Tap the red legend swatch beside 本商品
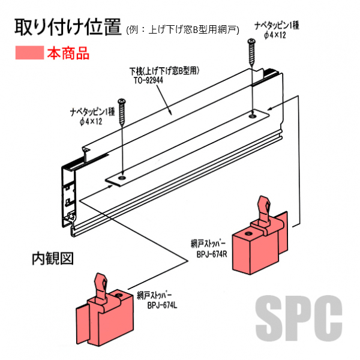28,53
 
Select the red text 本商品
68,53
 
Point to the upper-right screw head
251,41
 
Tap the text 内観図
52,259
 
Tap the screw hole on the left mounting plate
122,178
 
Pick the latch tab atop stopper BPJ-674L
101,282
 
